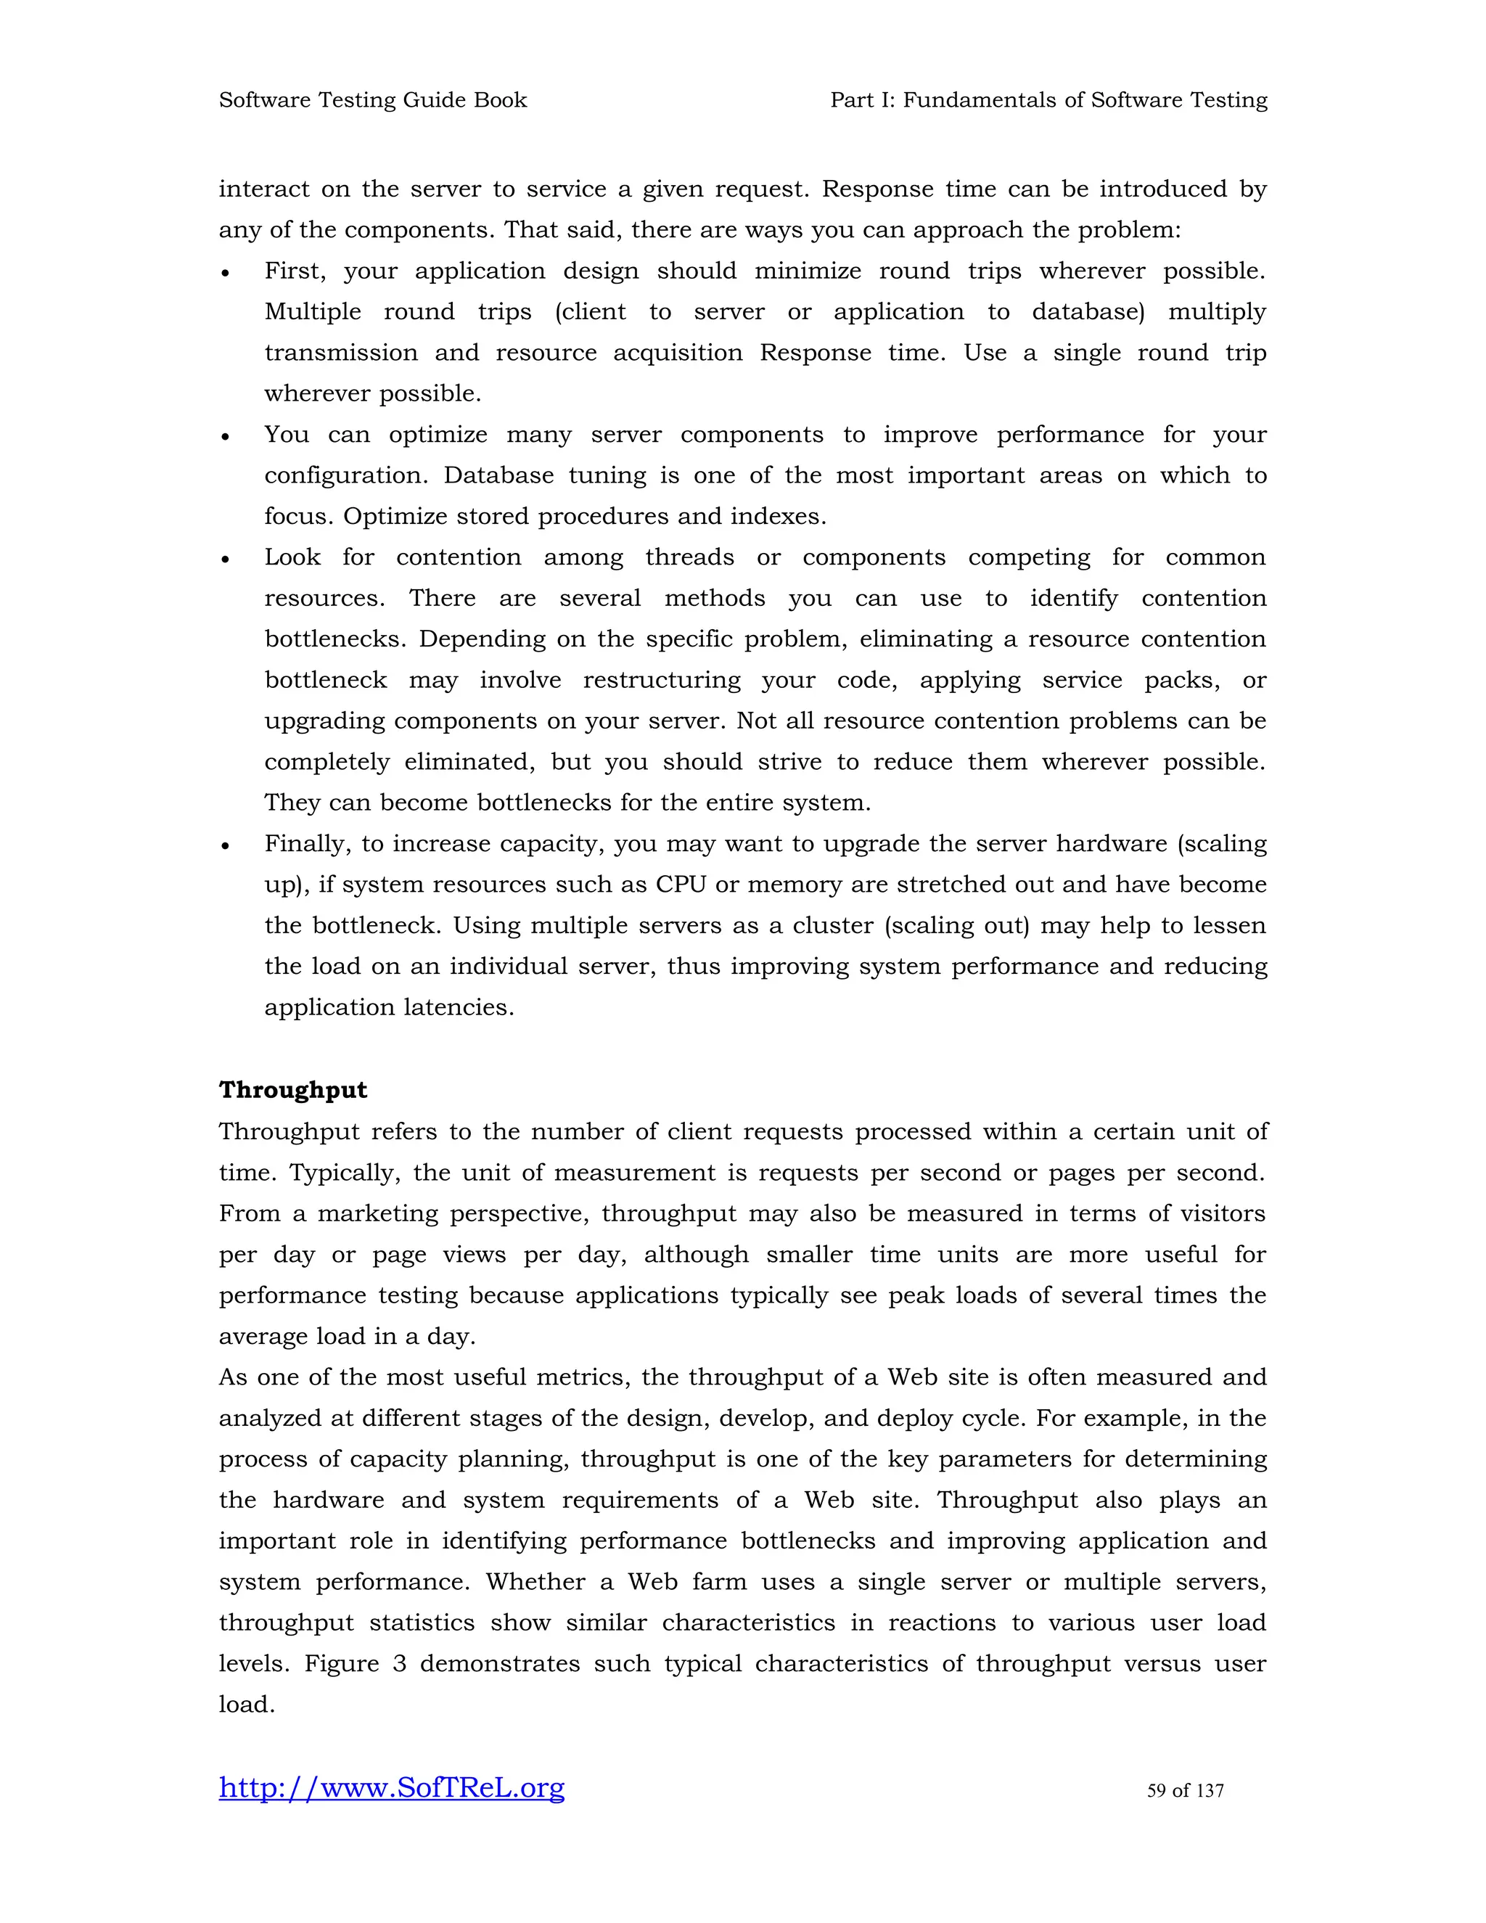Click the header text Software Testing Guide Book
point(372,100)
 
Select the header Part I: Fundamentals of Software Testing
point(1048,100)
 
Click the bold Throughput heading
point(293,1090)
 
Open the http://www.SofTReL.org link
point(392,1787)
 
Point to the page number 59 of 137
point(1185,1790)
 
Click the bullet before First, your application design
point(226,274)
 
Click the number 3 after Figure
point(400,1664)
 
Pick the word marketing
point(377,1213)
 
